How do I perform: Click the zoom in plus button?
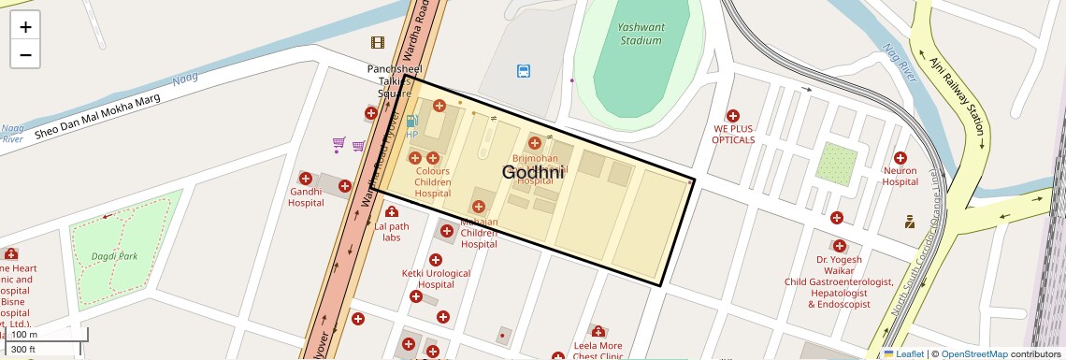tap(25, 27)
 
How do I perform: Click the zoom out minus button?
tap(25, 54)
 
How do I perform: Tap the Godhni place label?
tap(533, 172)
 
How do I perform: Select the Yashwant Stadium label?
tap(641, 34)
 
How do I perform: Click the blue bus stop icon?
tap(524, 70)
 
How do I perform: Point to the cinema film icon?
tap(378, 42)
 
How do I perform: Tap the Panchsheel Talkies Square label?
tap(395, 81)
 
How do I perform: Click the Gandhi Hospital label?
tap(306, 196)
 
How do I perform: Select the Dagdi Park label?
tap(115, 255)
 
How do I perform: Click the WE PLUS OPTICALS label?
tap(733, 134)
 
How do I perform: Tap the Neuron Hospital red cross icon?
tap(900, 158)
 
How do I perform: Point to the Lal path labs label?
tap(392, 232)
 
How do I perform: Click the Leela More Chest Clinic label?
tap(598, 351)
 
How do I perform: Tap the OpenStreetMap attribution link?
tap(973, 353)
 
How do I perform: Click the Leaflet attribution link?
tap(904, 353)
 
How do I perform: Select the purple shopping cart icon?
tap(339, 144)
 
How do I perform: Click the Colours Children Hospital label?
tap(433, 182)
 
